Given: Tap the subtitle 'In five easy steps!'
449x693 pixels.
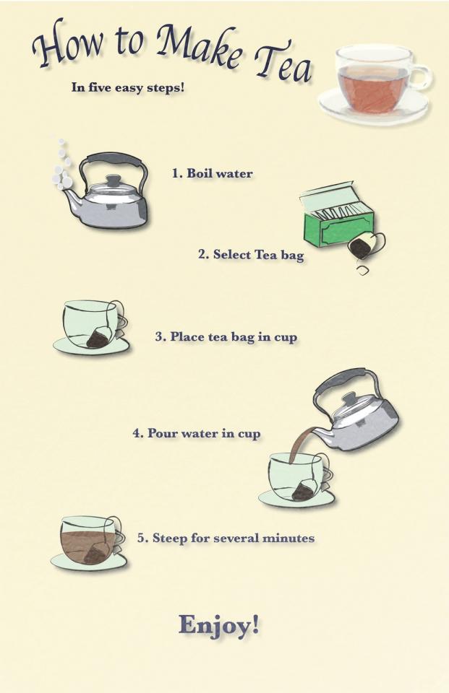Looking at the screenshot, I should (127, 88).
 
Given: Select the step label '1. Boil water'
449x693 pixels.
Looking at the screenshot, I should (212, 173).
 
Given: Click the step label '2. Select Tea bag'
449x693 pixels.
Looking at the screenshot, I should (251, 255).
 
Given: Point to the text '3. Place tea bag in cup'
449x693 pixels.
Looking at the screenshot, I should (226, 337).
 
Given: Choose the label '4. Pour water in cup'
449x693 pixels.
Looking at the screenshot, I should (197, 434).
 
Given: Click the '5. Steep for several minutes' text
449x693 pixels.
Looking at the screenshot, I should (226, 539).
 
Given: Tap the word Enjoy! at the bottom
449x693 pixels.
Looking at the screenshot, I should (218, 625).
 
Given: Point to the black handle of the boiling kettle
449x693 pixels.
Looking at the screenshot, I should (116, 160).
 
